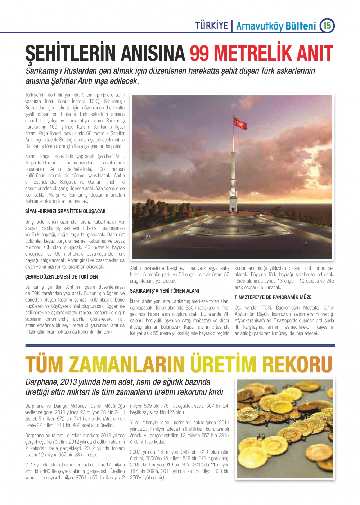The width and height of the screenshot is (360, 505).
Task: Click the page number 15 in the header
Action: click(x=327, y=26)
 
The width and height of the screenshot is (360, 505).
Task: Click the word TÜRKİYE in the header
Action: click(x=212, y=26)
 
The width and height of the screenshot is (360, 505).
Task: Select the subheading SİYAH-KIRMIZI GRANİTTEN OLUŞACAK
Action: click(x=65, y=211)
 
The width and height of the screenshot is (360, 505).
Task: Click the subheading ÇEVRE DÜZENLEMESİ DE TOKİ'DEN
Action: click(x=62, y=277)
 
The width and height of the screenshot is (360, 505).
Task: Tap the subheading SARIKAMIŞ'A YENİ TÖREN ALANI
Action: click(x=164, y=291)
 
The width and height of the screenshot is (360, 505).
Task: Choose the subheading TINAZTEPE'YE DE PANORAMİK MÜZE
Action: click(x=273, y=297)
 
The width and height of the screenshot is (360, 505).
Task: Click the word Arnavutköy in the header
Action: click(x=260, y=26)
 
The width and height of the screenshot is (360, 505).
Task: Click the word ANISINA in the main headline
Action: click(x=153, y=54)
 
